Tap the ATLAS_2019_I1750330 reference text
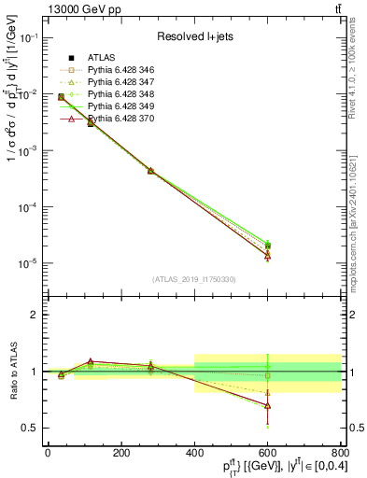pyautogui.click(x=193, y=279)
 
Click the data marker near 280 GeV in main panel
pyautogui.click(x=150, y=171)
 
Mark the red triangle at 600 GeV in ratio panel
pyautogui.click(x=267, y=406)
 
